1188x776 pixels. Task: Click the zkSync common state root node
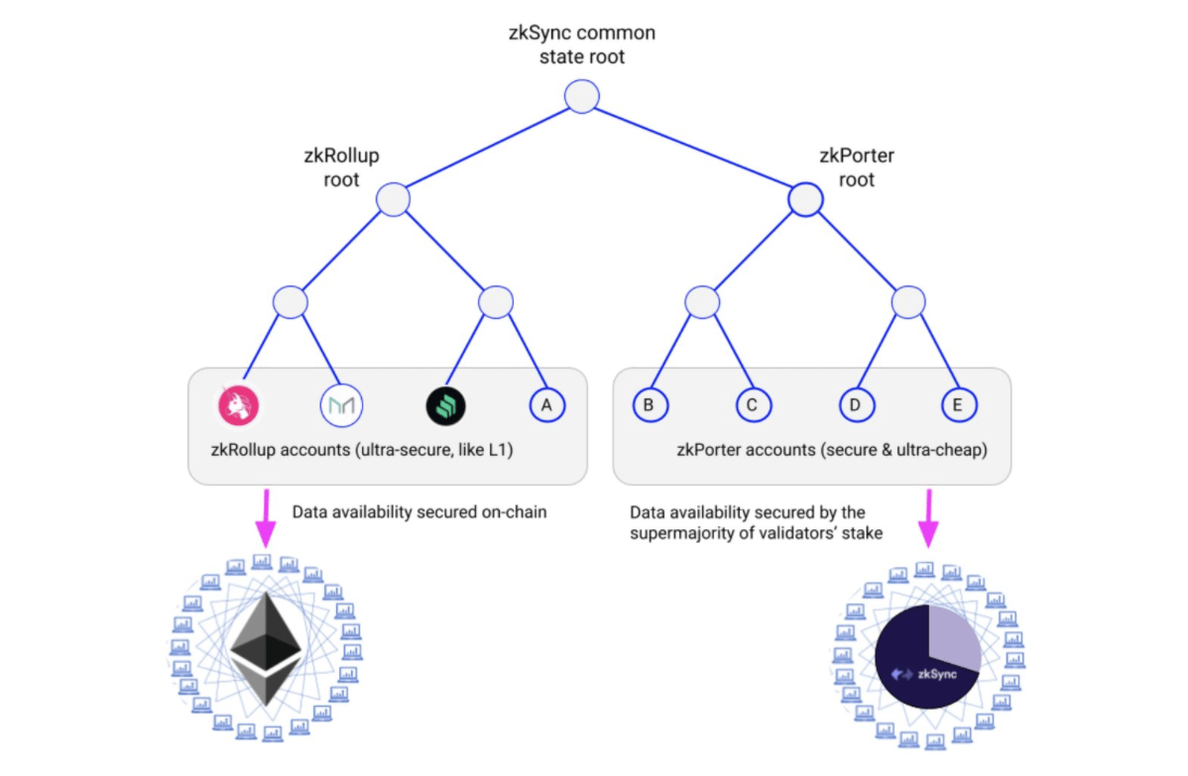pyautogui.click(x=582, y=97)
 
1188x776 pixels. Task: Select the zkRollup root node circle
pyautogui.click(x=394, y=200)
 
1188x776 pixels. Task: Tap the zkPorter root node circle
pyautogui.click(x=805, y=200)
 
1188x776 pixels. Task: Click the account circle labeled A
pyautogui.click(x=547, y=405)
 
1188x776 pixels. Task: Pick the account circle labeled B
pyautogui.click(x=651, y=405)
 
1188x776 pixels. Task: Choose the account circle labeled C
pyautogui.click(x=753, y=405)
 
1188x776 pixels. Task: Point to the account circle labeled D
pyautogui.click(x=857, y=405)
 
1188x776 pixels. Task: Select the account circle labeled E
pyautogui.click(x=959, y=405)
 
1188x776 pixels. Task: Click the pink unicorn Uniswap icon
pyautogui.click(x=239, y=405)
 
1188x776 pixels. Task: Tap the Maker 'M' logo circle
pyautogui.click(x=342, y=405)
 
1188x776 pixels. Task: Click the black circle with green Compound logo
pyautogui.click(x=445, y=405)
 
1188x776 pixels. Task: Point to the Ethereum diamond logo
pyautogui.click(x=266, y=649)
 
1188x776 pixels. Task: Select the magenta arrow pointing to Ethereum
pyautogui.click(x=266, y=518)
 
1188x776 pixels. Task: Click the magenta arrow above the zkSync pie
pyautogui.click(x=929, y=518)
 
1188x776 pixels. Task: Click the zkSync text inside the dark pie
pyautogui.click(x=937, y=674)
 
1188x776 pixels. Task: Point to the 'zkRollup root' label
pyautogui.click(x=342, y=167)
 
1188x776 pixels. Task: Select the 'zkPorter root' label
pyautogui.click(x=857, y=167)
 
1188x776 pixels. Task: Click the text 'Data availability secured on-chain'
pyautogui.click(x=419, y=512)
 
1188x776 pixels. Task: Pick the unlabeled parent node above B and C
pyautogui.click(x=702, y=303)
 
